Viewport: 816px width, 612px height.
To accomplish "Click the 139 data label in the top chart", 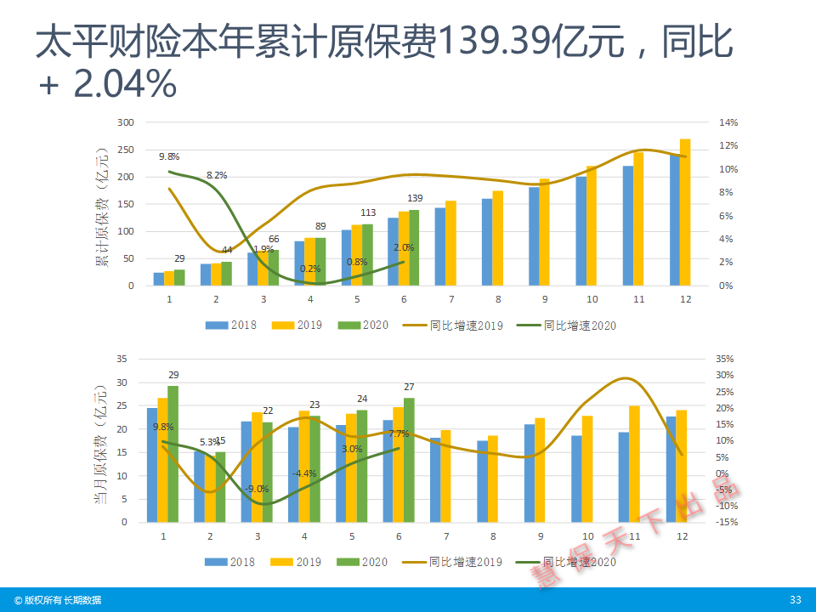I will click(x=415, y=199).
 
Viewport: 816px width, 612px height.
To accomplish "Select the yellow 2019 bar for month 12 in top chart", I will click(x=685, y=212).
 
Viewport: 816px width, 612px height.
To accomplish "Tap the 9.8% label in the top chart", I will click(x=168, y=156).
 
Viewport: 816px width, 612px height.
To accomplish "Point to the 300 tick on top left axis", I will click(x=127, y=122).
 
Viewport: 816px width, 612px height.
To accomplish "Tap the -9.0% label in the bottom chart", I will click(x=256, y=489).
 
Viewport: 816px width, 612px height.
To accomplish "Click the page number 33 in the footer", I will click(x=796, y=600).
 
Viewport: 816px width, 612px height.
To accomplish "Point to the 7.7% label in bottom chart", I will click(x=399, y=433).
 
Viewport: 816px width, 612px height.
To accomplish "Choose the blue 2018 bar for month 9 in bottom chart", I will click(x=530, y=473).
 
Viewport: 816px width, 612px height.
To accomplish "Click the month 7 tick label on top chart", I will click(x=450, y=299).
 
